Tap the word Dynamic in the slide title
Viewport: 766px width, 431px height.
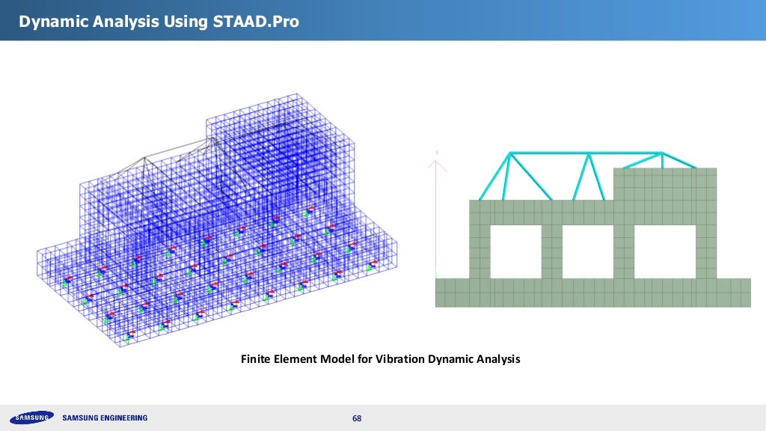point(50,22)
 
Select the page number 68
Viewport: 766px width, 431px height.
point(357,418)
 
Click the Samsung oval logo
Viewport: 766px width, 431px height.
point(31,418)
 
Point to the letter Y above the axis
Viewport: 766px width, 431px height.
point(436,153)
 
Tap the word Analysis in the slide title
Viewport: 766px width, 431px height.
point(122,22)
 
